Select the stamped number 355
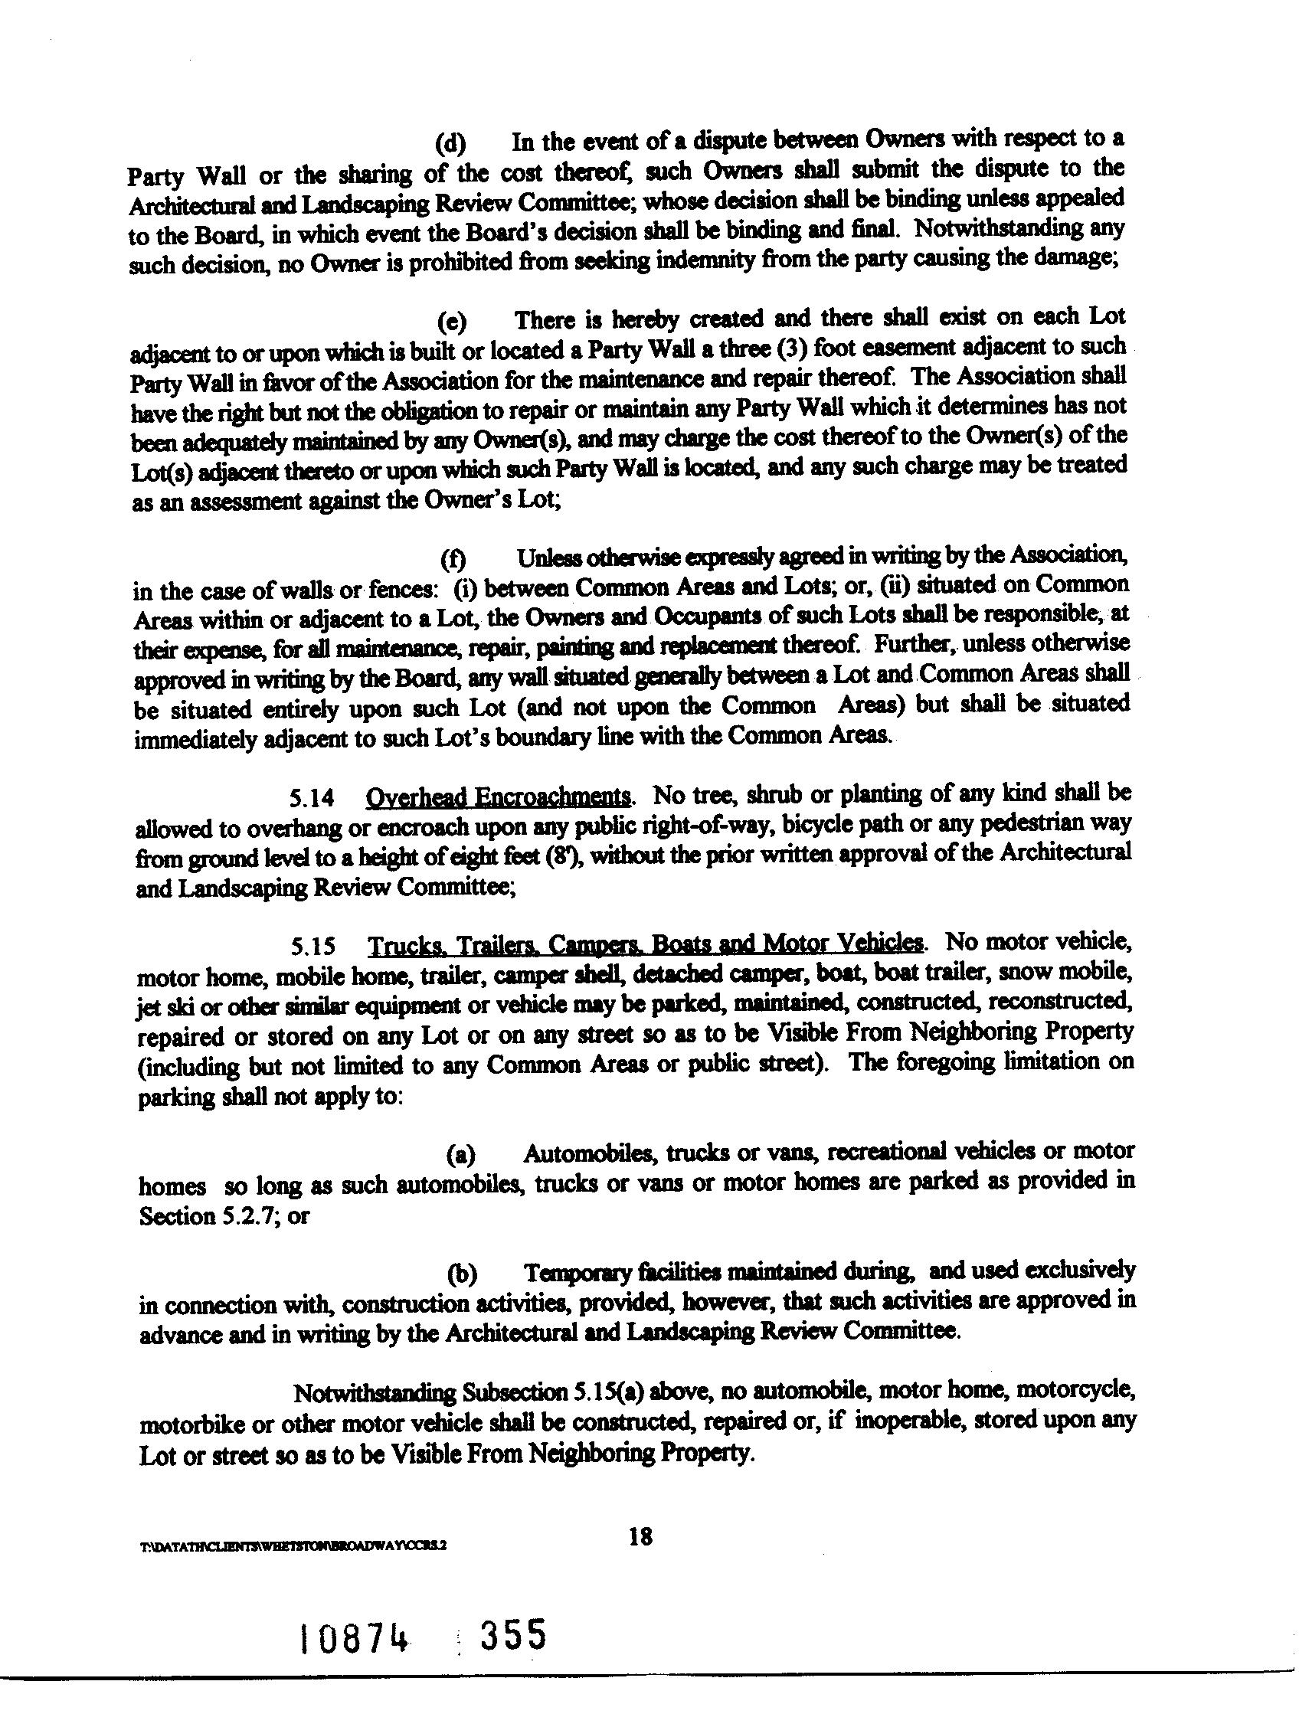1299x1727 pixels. [512, 1635]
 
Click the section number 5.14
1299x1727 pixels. [312, 798]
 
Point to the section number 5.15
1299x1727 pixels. [314, 947]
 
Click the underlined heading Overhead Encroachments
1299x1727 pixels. [498, 796]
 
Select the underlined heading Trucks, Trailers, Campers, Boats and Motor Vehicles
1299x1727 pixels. [646, 944]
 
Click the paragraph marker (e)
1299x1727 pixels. [451, 322]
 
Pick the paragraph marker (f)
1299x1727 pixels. [452, 559]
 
